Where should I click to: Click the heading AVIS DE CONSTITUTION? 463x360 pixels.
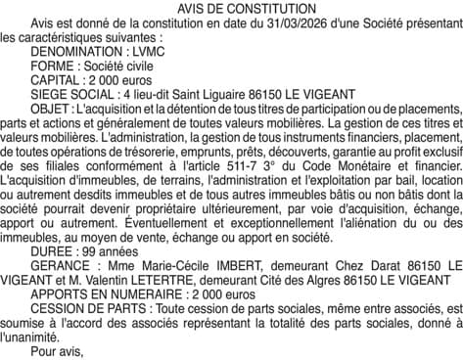pos(231,7)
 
